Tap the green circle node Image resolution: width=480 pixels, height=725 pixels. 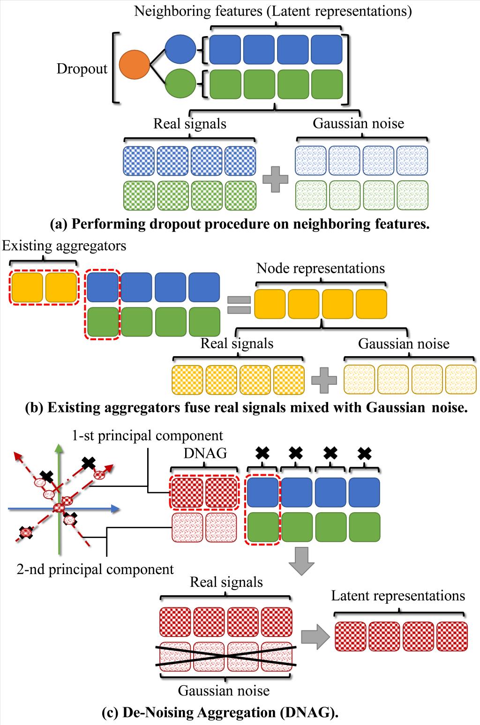click(180, 83)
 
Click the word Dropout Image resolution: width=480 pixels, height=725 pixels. click(82, 69)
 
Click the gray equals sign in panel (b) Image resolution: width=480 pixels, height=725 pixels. click(239, 305)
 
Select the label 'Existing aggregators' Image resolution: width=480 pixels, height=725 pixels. click(64, 246)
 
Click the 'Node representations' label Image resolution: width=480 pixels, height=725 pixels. click(321, 268)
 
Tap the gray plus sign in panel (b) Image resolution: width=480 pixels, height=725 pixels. click(324, 379)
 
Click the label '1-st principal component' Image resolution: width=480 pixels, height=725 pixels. click(147, 435)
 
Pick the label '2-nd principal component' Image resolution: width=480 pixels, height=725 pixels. click(95, 569)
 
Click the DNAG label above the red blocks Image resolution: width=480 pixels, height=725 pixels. click(204, 453)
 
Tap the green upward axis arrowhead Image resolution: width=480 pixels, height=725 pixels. click(58, 448)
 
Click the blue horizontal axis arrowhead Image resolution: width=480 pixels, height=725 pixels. click(115, 509)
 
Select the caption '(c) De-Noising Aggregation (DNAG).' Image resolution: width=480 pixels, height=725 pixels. click(220, 712)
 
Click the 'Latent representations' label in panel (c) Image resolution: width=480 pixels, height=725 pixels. click(398, 596)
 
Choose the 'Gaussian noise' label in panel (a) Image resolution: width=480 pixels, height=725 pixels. click(358, 123)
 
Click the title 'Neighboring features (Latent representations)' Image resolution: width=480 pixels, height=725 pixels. click(273, 11)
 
